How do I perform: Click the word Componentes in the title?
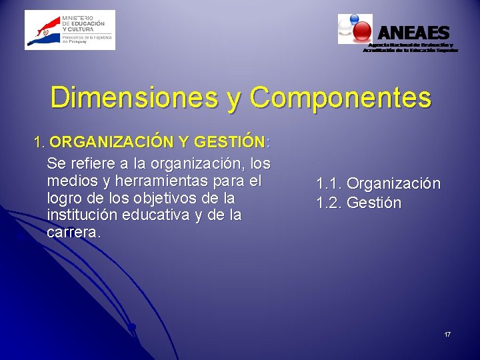tap(340, 97)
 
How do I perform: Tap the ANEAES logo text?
tap(414, 32)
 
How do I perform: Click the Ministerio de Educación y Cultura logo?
tap(70, 30)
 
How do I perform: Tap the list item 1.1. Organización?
tap(378, 183)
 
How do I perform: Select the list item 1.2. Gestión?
tap(359, 203)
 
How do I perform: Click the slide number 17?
tap(447, 333)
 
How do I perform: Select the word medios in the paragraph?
tap(69, 181)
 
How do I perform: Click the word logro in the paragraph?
tap(63, 199)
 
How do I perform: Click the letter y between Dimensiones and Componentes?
tap(235, 100)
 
